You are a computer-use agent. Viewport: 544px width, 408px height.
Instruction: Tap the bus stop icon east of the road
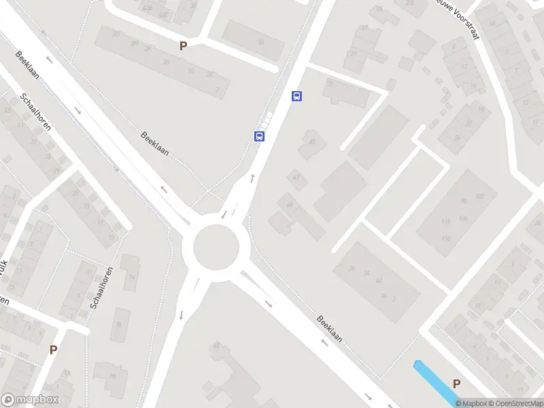296,96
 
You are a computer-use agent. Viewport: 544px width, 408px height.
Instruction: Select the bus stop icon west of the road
259,136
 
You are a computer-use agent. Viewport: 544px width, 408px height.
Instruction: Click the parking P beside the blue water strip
456,384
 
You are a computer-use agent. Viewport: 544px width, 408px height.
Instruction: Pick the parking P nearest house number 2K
182,46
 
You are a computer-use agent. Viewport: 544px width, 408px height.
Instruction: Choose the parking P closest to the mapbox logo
53,350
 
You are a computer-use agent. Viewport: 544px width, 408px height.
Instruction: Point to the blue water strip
435,381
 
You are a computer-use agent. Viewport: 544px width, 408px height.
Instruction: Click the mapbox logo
30,400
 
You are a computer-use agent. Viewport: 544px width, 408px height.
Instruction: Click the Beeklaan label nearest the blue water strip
330,328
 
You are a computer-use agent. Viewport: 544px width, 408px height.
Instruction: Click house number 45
312,142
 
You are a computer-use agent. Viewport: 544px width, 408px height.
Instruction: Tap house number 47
296,177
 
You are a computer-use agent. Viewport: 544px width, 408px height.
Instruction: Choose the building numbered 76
120,324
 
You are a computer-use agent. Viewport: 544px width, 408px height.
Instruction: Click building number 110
446,238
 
